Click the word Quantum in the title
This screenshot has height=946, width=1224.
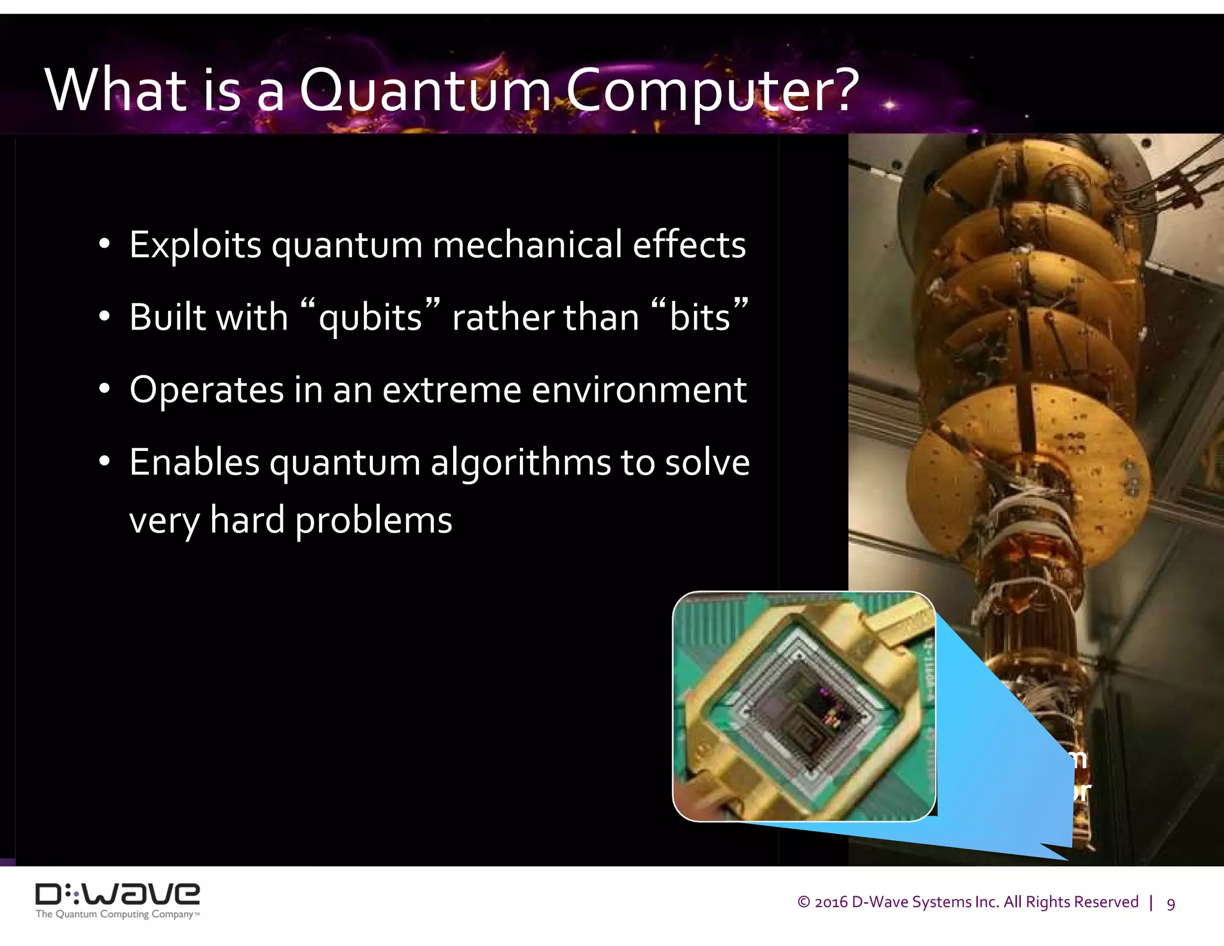(x=426, y=91)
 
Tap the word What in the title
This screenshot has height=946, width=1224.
(x=116, y=91)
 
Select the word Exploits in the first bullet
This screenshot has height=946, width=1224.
(x=195, y=245)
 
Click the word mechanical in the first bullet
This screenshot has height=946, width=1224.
(x=527, y=245)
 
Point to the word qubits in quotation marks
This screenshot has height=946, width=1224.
(x=370, y=318)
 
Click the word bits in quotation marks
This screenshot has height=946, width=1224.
(x=699, y=318)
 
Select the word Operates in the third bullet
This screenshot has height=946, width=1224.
(x=206, y=390)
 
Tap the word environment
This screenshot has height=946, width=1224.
(x=639, y=390)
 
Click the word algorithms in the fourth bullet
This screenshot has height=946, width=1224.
(x=520, y=463)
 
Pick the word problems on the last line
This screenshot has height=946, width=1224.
(x=374, y=520)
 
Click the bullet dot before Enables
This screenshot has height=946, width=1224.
(x=105, y=462)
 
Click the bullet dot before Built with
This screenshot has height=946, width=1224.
(x=105, y=316)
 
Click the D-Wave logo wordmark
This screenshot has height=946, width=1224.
(x=118, y=894)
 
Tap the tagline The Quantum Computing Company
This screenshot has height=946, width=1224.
(x=117, y=914)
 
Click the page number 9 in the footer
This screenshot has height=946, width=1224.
(x=1171, y=904)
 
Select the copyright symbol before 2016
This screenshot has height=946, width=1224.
(x=804, y=902)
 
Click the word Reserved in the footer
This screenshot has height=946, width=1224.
(x=1109, y=902)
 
